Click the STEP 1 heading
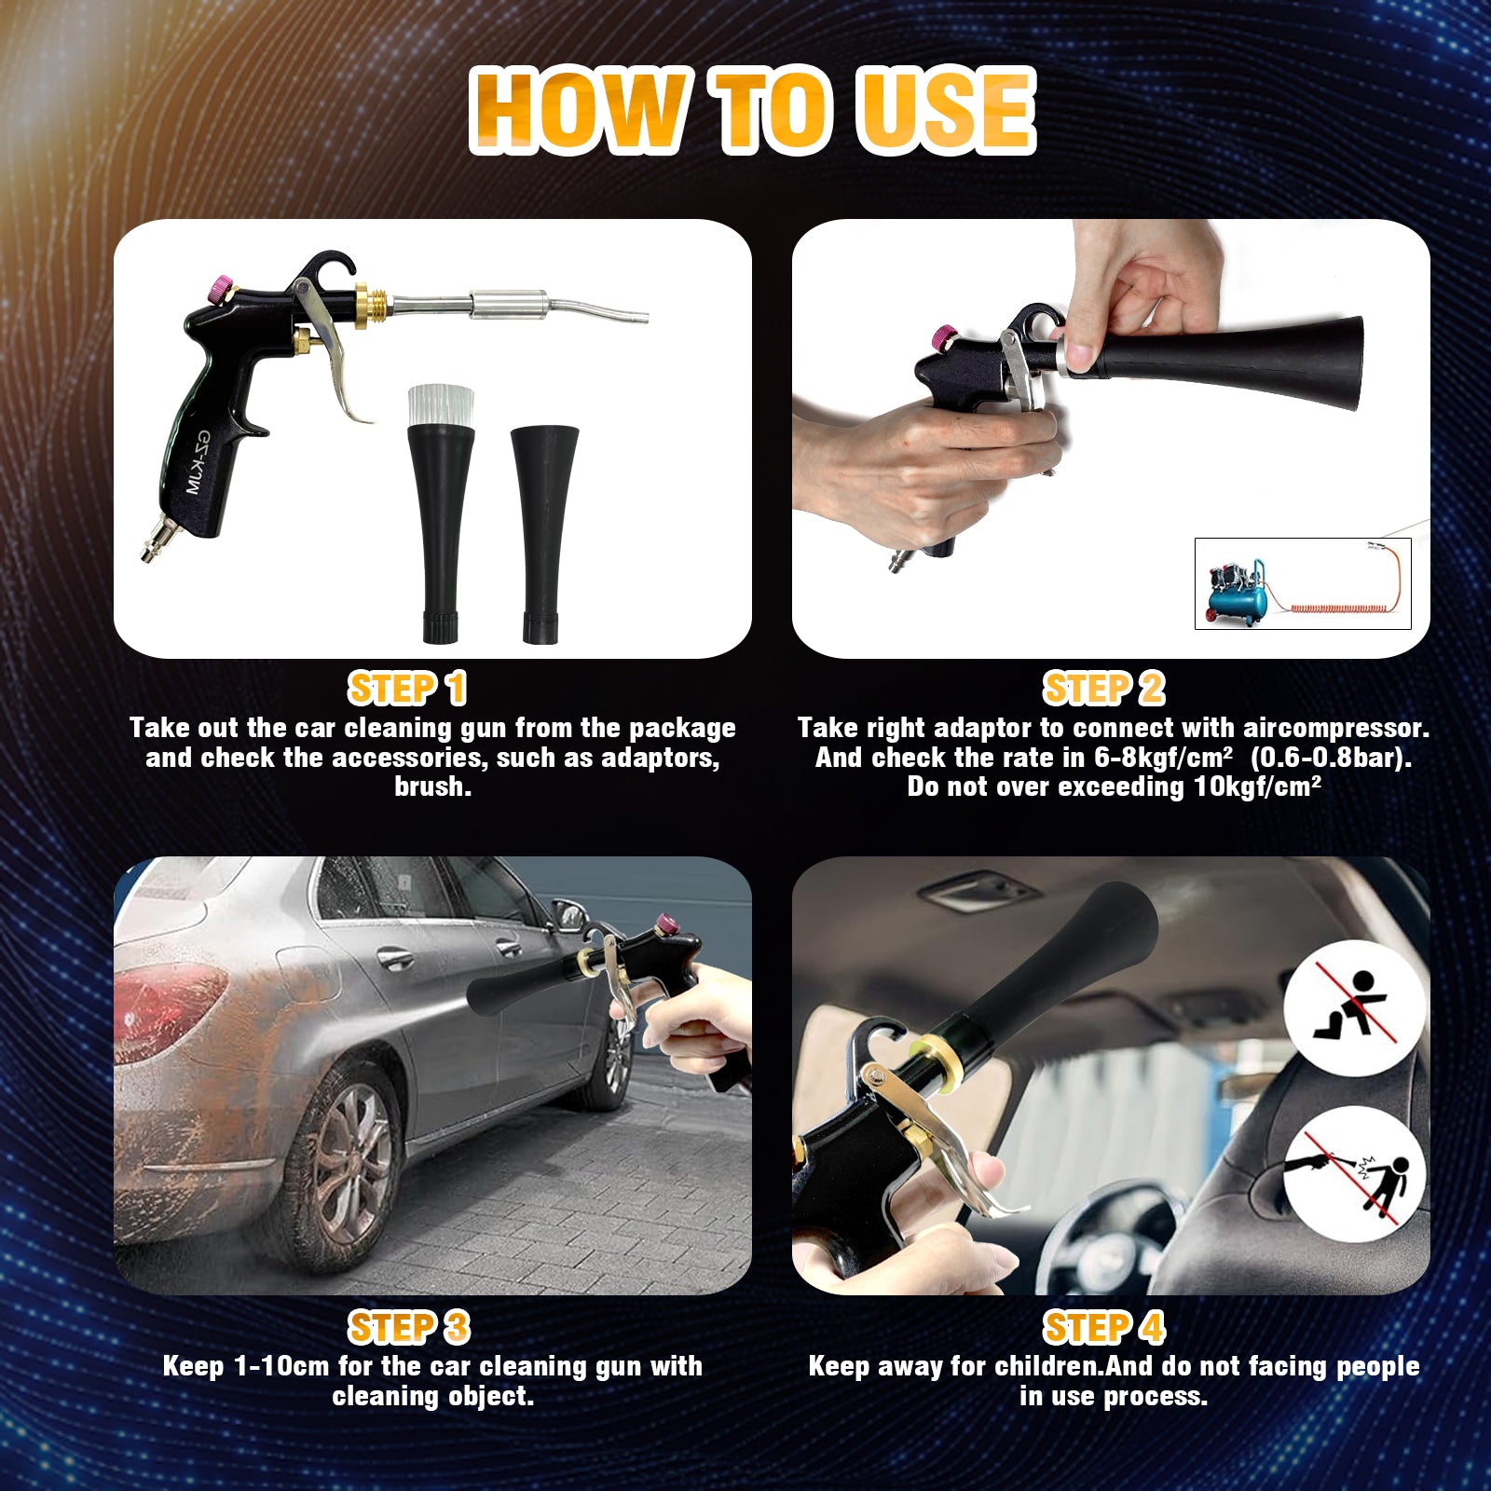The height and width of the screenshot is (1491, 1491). (406, 689)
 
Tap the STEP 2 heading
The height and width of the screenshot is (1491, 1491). (1103, 689)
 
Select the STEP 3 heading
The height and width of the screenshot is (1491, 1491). (408, 1327)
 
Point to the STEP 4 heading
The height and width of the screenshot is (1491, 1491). (1103, 1327)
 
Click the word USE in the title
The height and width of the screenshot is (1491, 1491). (946, 110)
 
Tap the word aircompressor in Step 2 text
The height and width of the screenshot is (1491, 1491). (1335, 728)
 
